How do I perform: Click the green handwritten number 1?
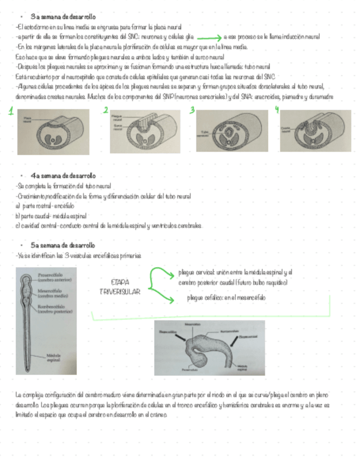[x=10, y=113]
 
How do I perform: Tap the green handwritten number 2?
[x=105, y=111]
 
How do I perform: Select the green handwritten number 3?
[x=192, y=111]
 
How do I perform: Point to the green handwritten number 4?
[x=277, y=110]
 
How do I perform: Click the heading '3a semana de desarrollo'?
[x=63, y=17]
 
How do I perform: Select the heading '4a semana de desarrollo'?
[x=63, y=176]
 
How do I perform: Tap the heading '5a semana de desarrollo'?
[x=63, y=245]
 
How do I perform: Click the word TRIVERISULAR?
[x=120, y=291]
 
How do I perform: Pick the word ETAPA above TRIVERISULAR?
[x=120, y=282]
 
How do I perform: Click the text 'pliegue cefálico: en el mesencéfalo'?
[x=226, y=297]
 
